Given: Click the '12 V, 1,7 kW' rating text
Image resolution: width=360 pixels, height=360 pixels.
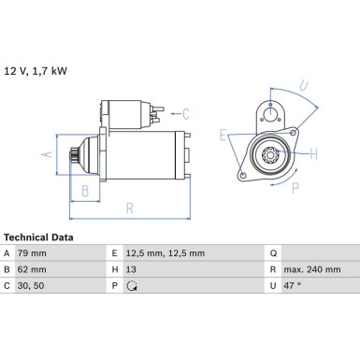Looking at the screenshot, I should (x=36, y=70).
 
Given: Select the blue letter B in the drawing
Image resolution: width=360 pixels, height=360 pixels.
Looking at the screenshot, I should (x=86, y=191).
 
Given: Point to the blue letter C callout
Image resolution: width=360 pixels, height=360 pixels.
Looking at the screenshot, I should (x=185, y=114).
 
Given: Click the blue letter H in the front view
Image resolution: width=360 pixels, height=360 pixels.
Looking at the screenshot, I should (x=314, y=153).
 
